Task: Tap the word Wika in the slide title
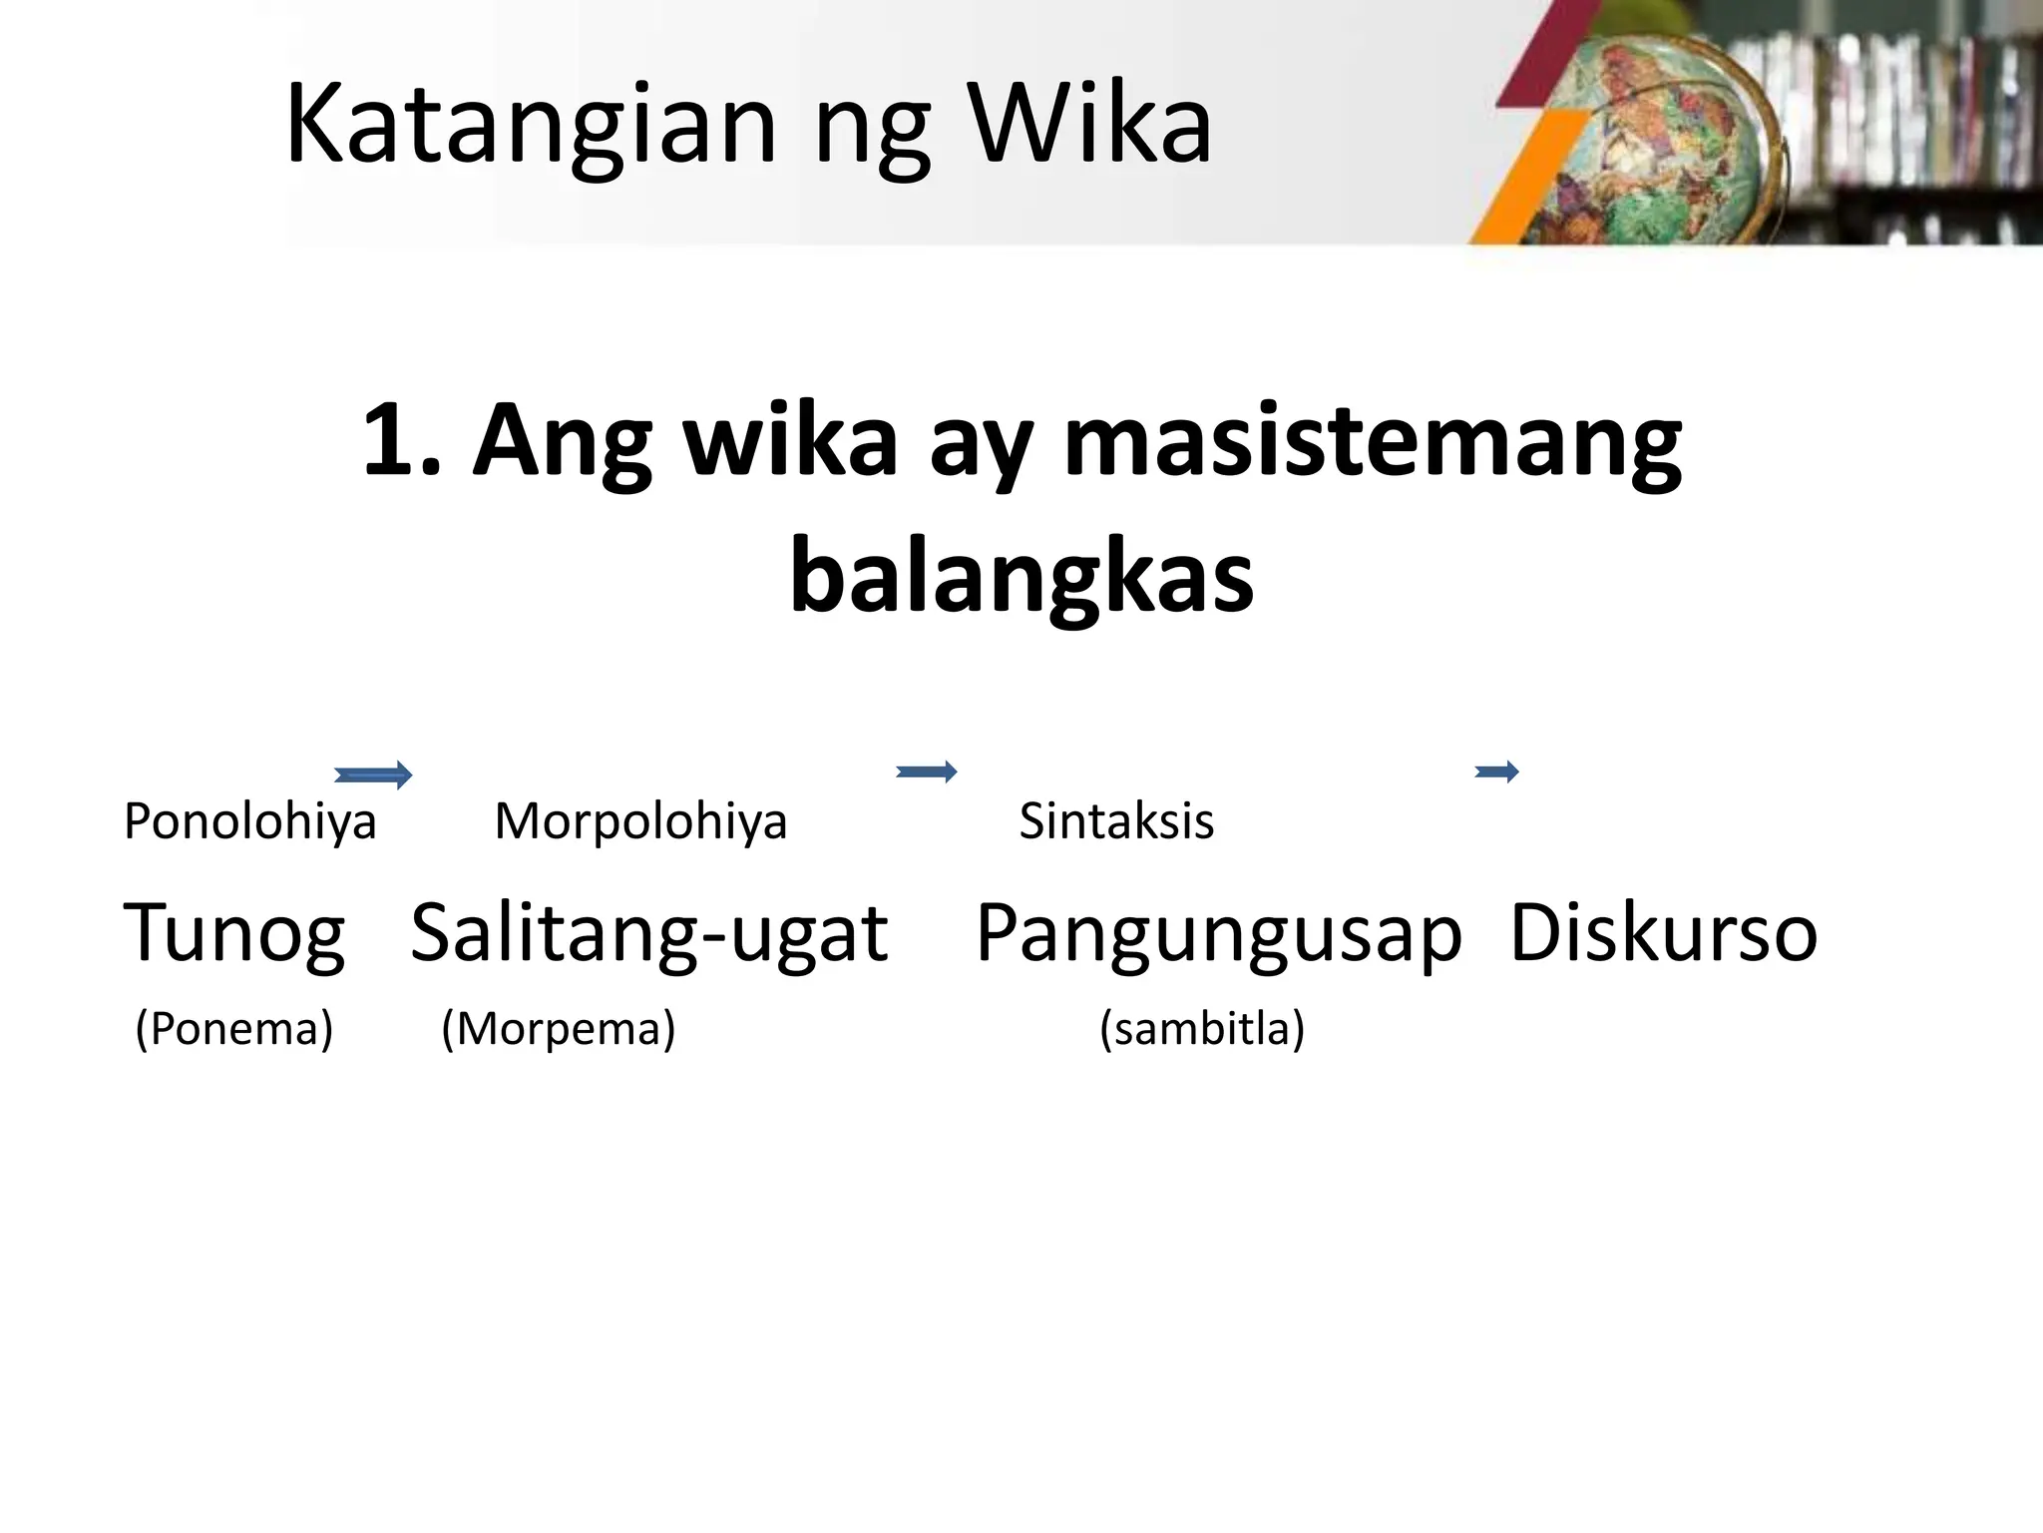pyautogui.click(x=1091, y=126)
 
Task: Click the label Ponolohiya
pyautogui.click(x=249, y=822)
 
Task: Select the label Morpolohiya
pyautogui.click(x=640, y=822)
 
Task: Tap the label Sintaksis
pyautogui.click(x=1116, y=822)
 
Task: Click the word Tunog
pyautogui.click(x=233, y=934)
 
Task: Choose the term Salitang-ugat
pyautogui.click(x=648, y=934)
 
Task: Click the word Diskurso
pyautogui.click(x=1664, y=934)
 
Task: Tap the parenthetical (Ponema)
pyautogui.click(x=233, y=1029)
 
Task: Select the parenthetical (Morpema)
pyautogui.click(x=559, y=1029)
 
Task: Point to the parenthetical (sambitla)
pyautogui.click(x=1202, y=1029)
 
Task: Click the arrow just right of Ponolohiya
pyautogui.click(x=373, y=774)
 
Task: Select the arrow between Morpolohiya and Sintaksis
pyautogui.click(x=927, y=771)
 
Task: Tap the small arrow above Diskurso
pyautogui.click(x=1496, y=770)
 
